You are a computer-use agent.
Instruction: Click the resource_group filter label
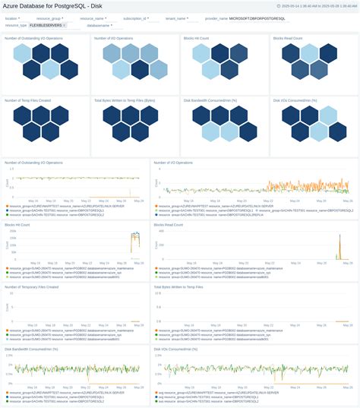point(52,17)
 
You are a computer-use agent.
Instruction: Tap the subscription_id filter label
point(137,17)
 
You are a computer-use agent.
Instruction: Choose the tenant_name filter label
point(175,17)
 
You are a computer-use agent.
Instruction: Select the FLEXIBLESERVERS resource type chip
point(46,24)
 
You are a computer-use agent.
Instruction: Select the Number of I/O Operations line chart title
point(173,162)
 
